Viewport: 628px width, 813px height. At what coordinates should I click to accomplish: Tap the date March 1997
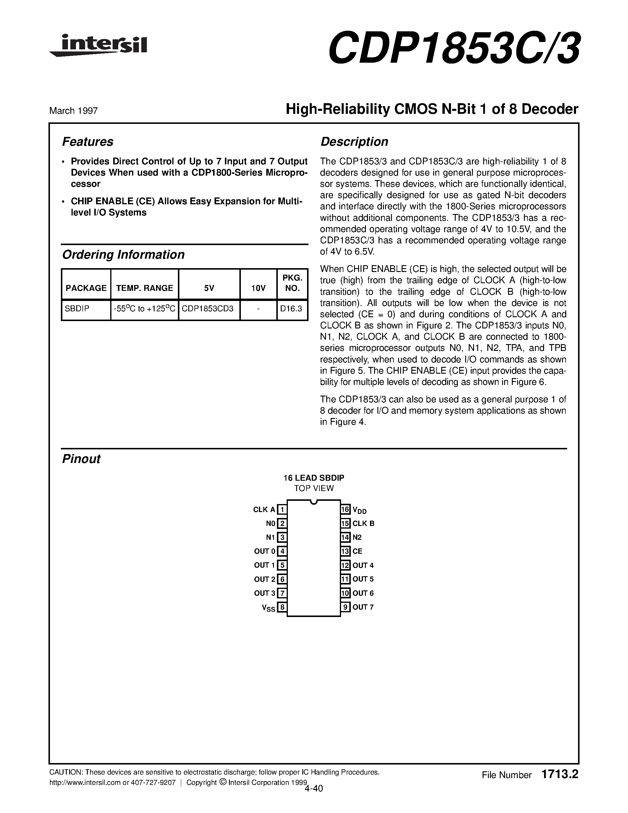(x=73, y=111)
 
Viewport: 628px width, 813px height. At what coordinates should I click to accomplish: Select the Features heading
(x=87, y=142)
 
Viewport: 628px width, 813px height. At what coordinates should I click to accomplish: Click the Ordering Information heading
(x=123, y=255)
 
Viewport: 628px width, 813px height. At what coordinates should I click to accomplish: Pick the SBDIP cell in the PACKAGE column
(x=77, y=309)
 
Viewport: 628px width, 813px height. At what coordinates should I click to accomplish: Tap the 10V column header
(x=258, y=288)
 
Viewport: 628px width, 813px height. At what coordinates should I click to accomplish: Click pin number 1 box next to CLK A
(x=282, y=510)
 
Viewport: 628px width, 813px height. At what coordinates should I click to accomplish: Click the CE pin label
(x=357, y=551)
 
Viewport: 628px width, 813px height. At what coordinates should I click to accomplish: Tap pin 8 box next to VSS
(x=282, y=608)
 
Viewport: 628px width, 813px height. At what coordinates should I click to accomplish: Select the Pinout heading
(x=81, y=459)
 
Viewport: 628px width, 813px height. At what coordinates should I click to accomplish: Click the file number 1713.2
(x=560, y=775)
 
